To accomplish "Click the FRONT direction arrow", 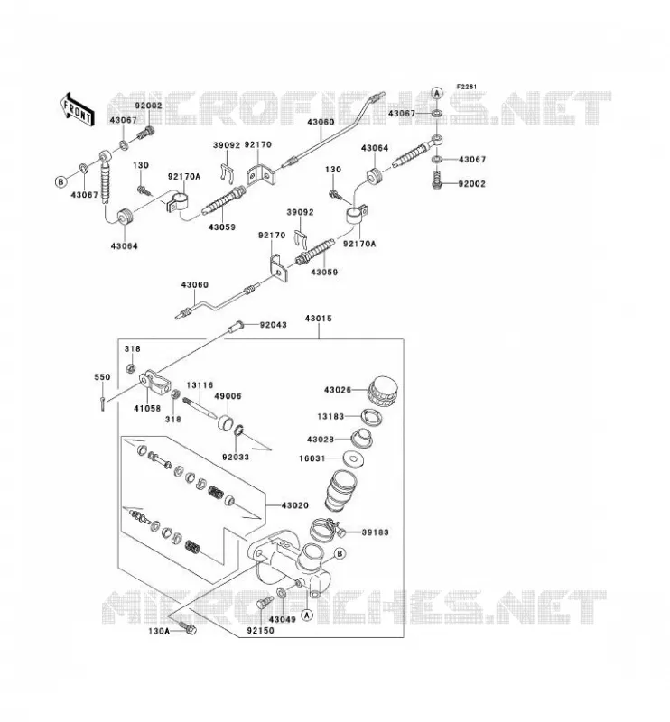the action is point(78,109).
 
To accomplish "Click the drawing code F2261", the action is point(467,87).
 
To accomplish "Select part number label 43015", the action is point(319,319).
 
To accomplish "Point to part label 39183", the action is point(375,532).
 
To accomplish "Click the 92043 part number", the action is point(274,325).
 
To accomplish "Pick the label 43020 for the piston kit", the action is point(295,505).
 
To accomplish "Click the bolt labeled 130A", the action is point(188,627).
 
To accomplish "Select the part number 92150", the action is point(260,630).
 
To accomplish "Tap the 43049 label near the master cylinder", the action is point(283,619).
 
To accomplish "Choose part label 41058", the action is point(147,408).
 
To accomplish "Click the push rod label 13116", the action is point(200,385).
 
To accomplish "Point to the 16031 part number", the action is point(312,458).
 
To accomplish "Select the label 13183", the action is point(330,416).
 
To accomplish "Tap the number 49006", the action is point(228,396).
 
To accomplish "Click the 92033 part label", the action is point(236,458).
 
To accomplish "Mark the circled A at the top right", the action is point(437,93).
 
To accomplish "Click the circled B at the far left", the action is point(60,182).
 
